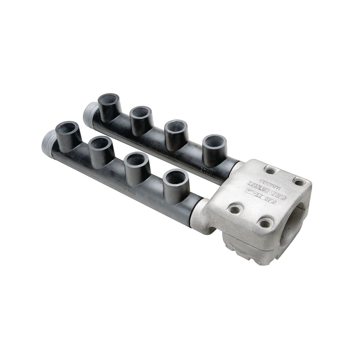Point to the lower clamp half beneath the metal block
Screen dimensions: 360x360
[x=252, y=248]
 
